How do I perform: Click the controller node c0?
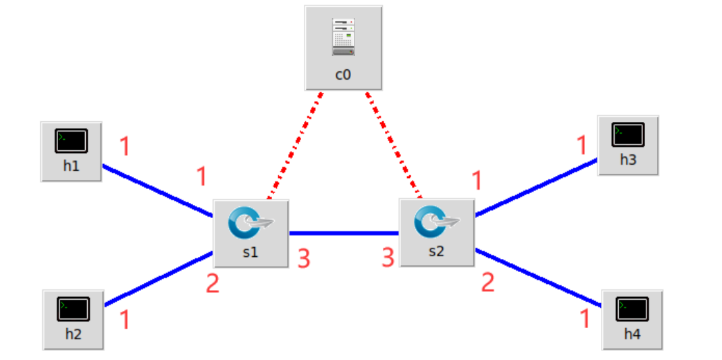coord(343,47)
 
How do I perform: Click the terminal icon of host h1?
coord(71,141)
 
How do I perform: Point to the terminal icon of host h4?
coord(632,308)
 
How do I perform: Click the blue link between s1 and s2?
coord(343,233)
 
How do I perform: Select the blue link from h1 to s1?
coord(158,191)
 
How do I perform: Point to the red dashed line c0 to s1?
coord(294,146)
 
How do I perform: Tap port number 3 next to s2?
coord(388,258)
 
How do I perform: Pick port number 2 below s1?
coord(212,282)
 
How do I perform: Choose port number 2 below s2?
coord(488,282)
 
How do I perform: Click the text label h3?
coord(628,159)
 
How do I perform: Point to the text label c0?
coord(343,74)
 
